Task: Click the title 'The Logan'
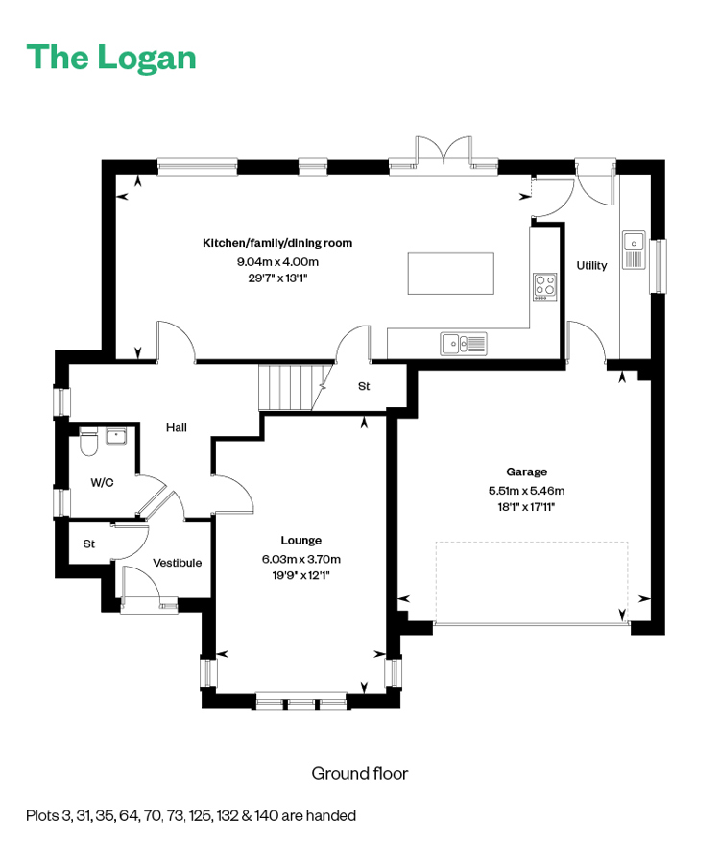pyautogui.click(x=111, y=58)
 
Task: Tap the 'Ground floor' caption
pyautogui.click(x=360, y=773)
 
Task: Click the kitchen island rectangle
pyautogui.click(x=450, y=273)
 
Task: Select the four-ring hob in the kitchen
pyautogui.click(x=544, y=286)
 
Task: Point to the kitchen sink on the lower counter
pyautogui.click(x=464, y=344)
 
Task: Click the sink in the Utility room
pyautogui.click(x=634, y=250)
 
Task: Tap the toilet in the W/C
pyautogui.click(x=88, y=442)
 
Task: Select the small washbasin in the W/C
pyautogui.click(x=116, y=436)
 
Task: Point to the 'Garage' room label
pyautogui.click(x=526, y=471)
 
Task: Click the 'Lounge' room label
pyautogui.click(x=300, y=540)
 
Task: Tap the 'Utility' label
pyautogui.click(x=591, y=265)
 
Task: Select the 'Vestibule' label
pyautogui.click(x=177, y=563)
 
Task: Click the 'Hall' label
pyautogui.click(x=177, y=428)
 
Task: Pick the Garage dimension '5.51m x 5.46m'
pyautogui.click(x=526, y=491)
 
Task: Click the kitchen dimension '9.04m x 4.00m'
pyautogui.click(x=277, y=262)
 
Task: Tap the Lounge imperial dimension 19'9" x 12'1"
pyautogui.click(x=300, y=575)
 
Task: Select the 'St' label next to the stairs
pyautogui.click(x=364, y=386)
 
